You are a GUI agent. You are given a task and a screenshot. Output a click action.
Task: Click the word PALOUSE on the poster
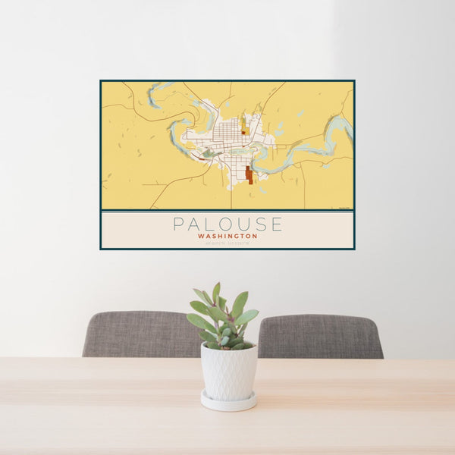[x=227, y=224]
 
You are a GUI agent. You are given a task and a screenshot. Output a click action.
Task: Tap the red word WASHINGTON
[x=227, y=237]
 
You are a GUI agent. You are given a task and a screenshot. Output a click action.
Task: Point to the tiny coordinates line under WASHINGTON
[x=227, y=243]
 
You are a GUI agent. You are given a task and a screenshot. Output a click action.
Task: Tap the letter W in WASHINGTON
[x=199, y=237]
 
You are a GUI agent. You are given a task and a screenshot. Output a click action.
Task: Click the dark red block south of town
[x=249, y=175]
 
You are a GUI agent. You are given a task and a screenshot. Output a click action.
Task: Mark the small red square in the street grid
[x=243, y=133]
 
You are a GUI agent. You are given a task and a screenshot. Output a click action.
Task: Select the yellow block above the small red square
[x=243, y=122]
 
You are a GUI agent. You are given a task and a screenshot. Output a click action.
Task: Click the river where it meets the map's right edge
[x=350, y=127]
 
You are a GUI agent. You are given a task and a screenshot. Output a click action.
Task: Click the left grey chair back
[x=140, y=334]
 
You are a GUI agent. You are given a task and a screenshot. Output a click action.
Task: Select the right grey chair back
[x=320, y=336]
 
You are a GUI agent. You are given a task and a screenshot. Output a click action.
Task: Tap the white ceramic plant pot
[x=228, y=371]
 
